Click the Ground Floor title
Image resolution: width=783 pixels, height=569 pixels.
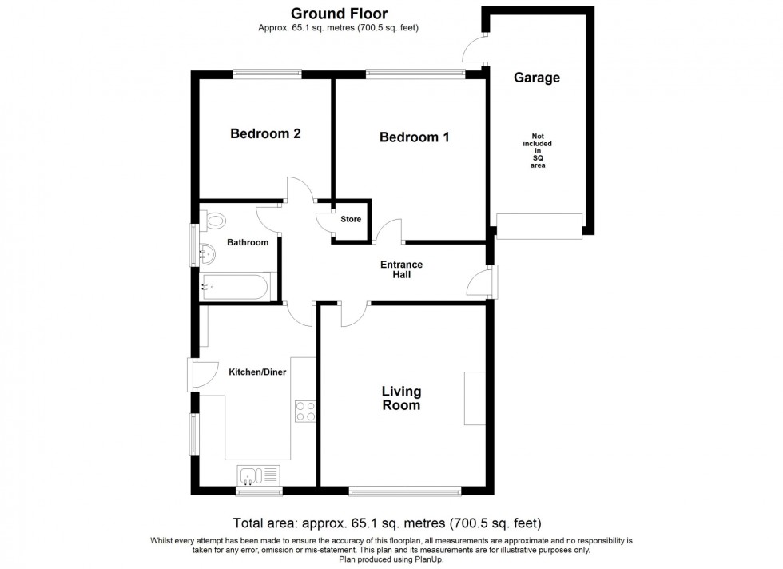[x=339, y=13]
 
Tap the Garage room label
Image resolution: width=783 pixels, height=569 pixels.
[x=536, y=78]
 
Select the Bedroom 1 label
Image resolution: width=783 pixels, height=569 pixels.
[x=414, y=137]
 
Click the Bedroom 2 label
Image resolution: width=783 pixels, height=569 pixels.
[x=265, y=133]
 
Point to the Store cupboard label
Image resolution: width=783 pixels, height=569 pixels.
[x=351, y=219]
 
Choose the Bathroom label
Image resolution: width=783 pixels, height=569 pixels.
[x=248, y=242]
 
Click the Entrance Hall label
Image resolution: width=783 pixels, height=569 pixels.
[x=401, y=270]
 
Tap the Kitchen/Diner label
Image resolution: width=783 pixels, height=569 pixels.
[x=257, y=372]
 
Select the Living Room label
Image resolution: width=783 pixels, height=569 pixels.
[x=401, y=398]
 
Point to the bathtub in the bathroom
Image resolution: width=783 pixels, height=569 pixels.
[x=237, y=286]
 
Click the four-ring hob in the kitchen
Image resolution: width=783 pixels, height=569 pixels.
[x=305, y=411]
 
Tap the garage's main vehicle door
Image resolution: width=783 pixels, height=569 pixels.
[x=539, y=226]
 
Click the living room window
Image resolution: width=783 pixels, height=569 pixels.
[x=405, y=490]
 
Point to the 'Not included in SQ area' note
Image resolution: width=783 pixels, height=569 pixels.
[x=538, y=150]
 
